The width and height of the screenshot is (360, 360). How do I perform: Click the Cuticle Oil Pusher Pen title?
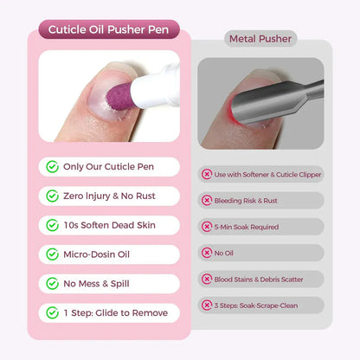(109, 30)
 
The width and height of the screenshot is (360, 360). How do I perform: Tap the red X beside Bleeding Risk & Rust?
(207, 200)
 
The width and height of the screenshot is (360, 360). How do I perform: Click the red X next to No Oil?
(207, 253)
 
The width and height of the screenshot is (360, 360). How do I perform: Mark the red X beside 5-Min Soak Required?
(207, 227)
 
